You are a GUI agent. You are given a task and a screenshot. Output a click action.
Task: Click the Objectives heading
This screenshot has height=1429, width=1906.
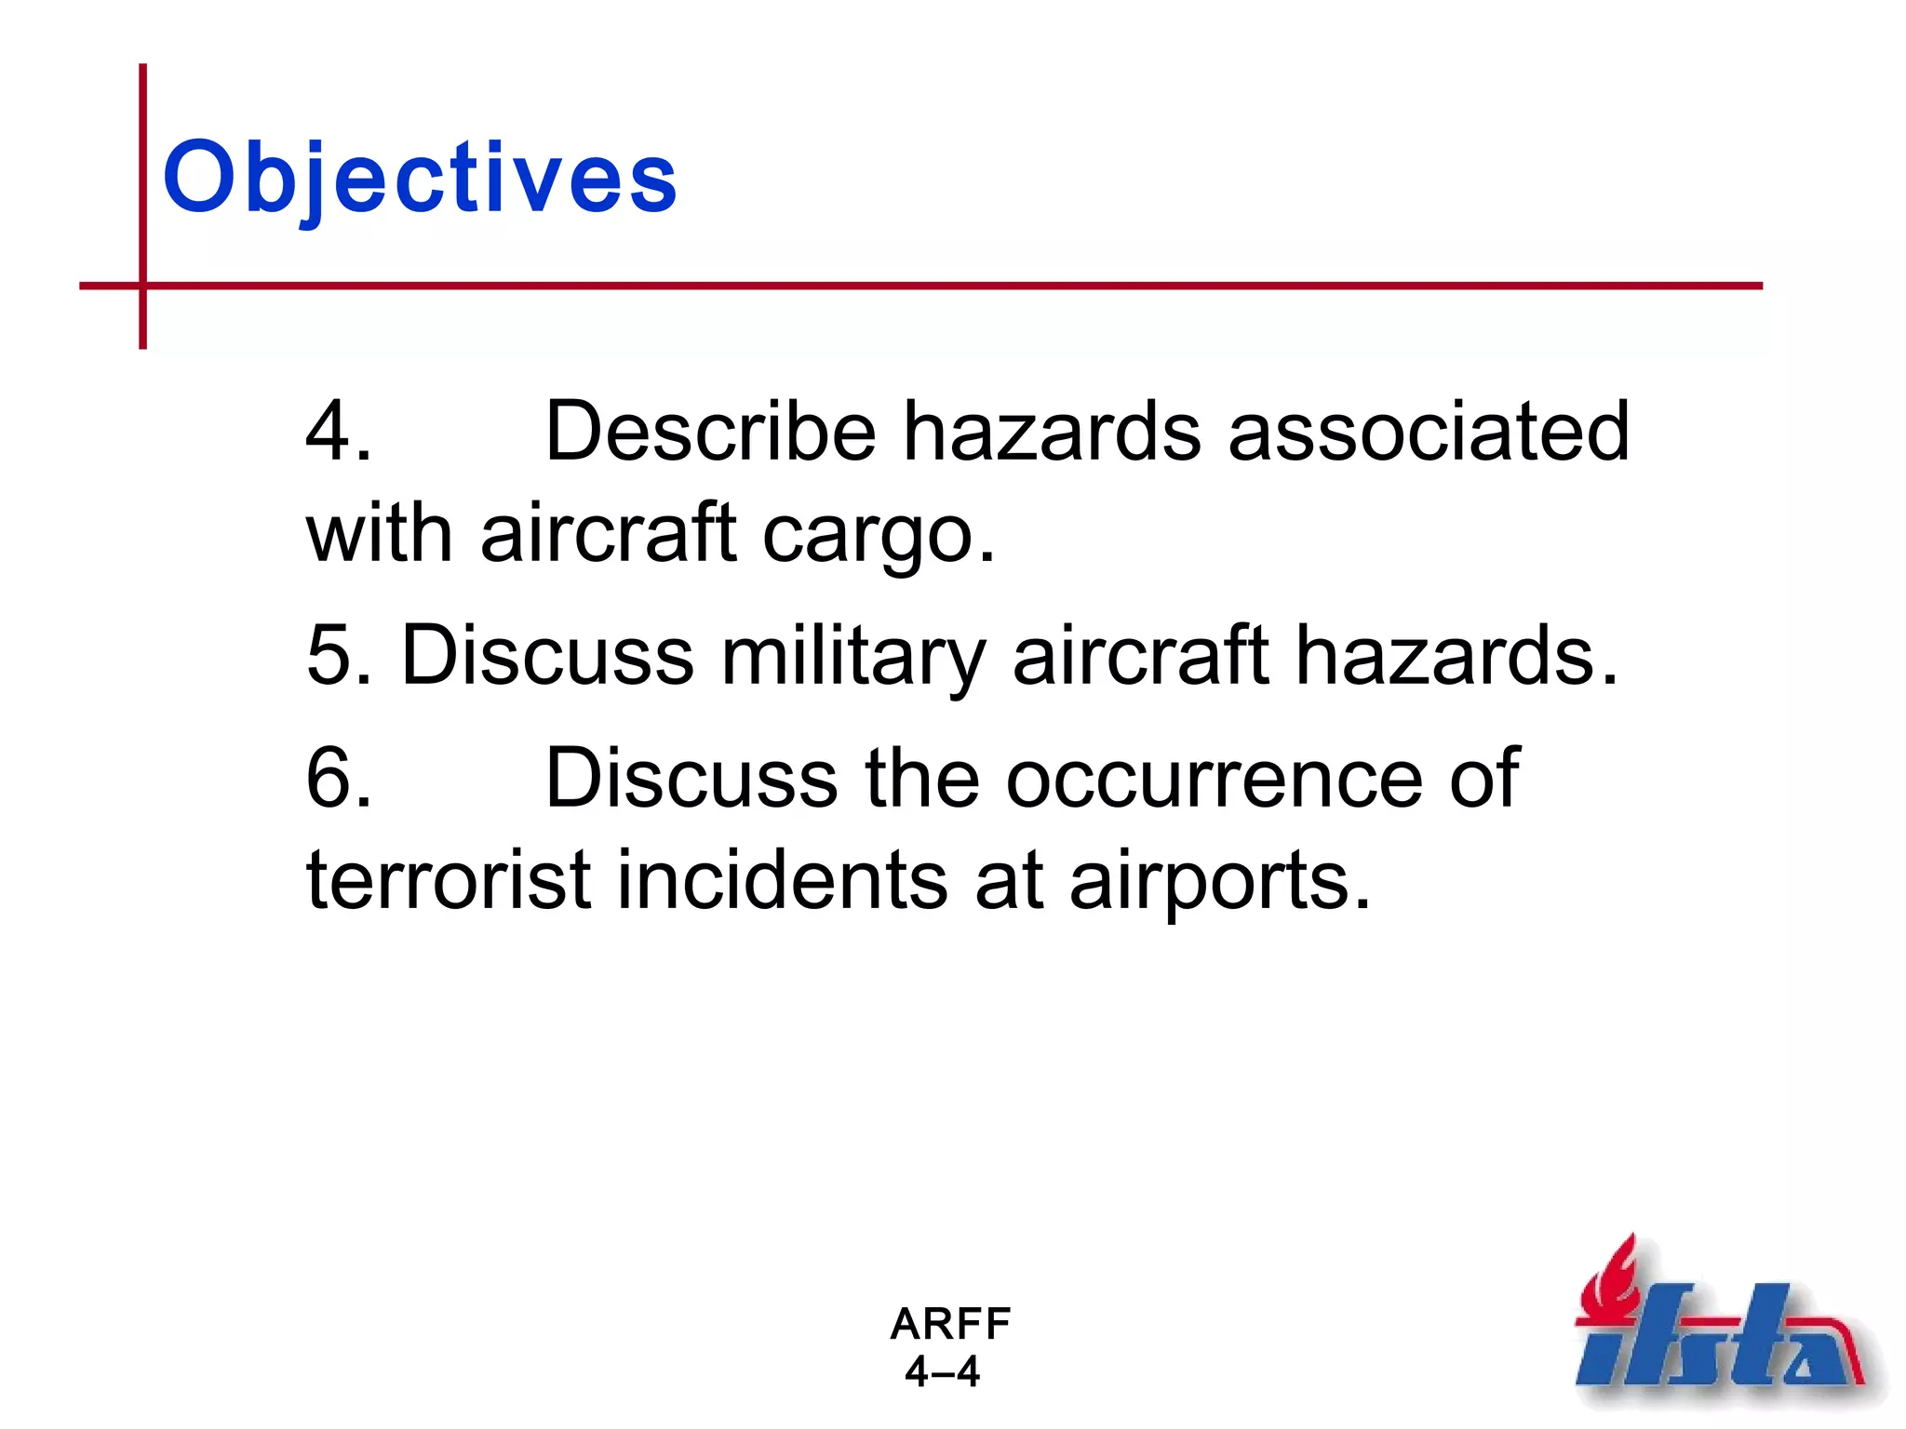pos(420,177)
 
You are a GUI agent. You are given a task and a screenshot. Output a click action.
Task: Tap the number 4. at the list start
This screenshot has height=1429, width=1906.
pos(339,431)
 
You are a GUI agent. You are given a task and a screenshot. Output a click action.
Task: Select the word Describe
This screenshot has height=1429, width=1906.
pos(710,431)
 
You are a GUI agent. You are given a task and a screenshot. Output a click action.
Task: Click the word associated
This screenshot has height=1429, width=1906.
pos(1429,431)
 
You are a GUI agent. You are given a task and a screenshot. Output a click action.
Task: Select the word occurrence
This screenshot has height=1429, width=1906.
pos(1214,780)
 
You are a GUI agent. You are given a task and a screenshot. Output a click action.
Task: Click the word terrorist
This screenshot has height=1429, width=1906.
pos(449,880)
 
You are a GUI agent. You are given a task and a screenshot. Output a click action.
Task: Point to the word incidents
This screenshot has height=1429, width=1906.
pos(782,880)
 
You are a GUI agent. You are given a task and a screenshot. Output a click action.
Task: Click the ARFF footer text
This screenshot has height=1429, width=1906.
pos(950,1324)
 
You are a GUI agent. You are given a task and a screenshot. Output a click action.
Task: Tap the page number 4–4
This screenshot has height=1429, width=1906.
pos(943,1372)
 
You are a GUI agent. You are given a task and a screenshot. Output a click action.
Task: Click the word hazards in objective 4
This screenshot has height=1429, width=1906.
pos(1052,431)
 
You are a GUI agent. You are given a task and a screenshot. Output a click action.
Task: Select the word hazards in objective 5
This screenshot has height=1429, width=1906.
pos(1456,656)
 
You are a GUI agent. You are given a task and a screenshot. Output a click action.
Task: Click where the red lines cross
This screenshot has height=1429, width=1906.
pos(143,286)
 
